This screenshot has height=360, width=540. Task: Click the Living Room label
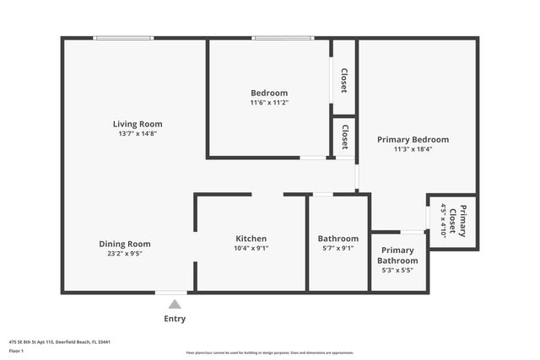138,124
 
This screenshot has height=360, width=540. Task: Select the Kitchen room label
251,239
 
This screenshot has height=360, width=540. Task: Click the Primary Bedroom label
413,139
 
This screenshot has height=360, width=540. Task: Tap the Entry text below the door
174,319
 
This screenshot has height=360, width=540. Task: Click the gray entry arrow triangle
174,304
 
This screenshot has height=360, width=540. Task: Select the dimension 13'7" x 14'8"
138,133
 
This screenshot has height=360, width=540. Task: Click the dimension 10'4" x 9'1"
251,248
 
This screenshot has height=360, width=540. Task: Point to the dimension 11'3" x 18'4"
413,149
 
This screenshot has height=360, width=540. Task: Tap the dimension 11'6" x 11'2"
269,102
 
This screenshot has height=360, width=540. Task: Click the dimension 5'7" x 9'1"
337,248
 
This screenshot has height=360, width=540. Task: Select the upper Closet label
344,80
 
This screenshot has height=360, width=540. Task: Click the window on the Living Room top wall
123,37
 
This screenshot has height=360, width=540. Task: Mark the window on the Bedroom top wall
283,37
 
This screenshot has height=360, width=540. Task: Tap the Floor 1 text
15,351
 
